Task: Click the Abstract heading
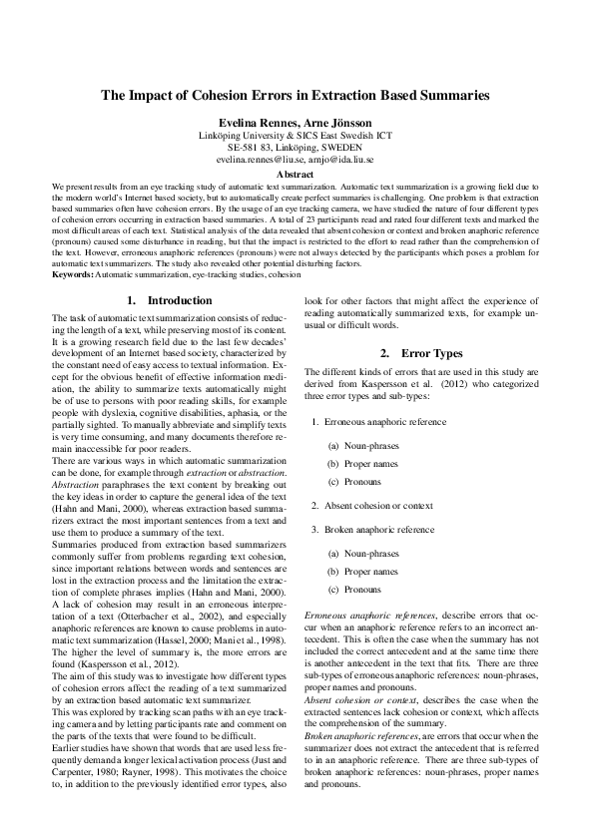point(297,173)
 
